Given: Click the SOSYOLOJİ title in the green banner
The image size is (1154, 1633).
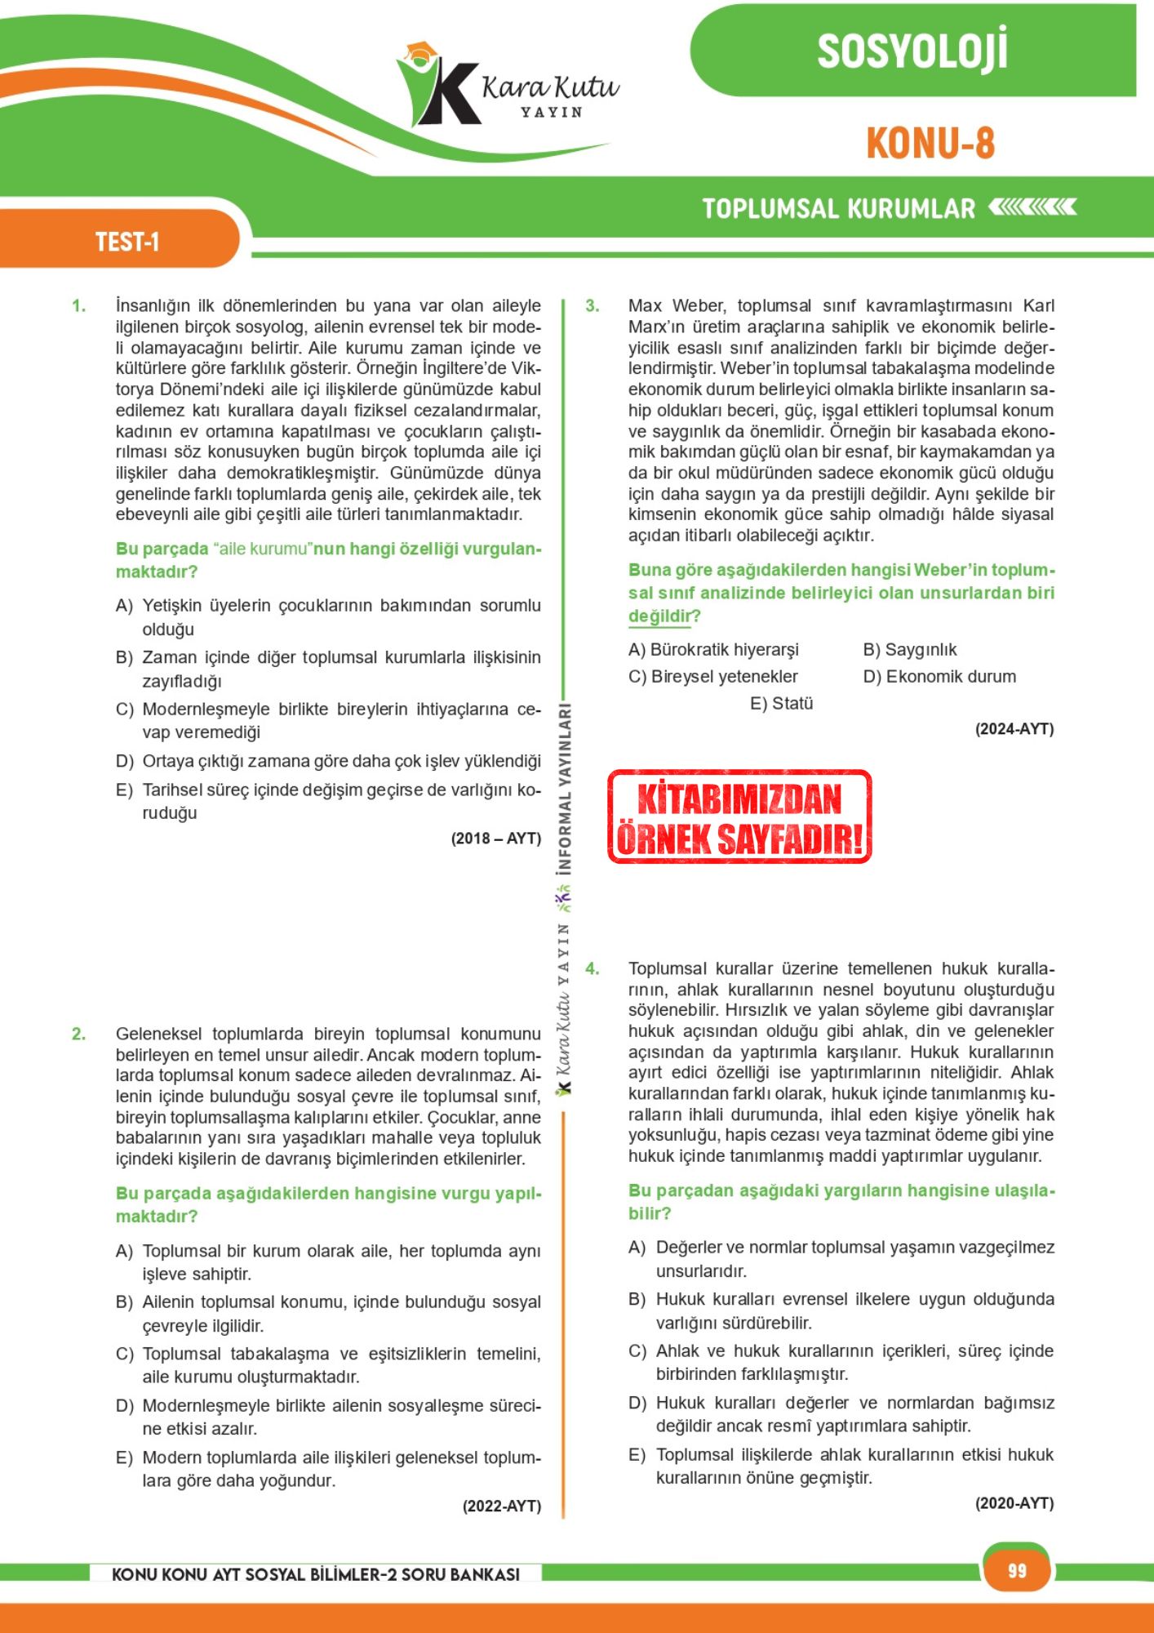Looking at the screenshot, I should (x=912, y=51).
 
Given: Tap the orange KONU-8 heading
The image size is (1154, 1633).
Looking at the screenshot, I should (x=930, y=144).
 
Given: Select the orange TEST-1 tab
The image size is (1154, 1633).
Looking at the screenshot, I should (x=126, y=242).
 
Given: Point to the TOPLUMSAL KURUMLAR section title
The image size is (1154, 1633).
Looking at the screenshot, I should (x=838, y=209).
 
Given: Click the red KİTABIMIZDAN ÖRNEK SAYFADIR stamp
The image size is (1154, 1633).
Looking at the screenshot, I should (x=739, y=817).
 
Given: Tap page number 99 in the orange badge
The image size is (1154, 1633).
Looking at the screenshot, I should (x=1016, y=1570).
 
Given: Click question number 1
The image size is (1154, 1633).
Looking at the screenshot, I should (x=78, y=306).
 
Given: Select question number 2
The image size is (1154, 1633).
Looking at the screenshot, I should (x=78, y=1034).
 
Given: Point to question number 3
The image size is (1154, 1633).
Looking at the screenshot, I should (x=592, y=306).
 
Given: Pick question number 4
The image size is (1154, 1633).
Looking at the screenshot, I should (x=592, y=968).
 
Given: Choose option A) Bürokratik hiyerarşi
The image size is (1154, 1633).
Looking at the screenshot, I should (x=713, y=649).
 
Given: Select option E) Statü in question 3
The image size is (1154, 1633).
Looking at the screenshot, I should (x=781, y=703).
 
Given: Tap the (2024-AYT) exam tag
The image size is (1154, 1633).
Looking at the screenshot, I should (x=1014, y=728).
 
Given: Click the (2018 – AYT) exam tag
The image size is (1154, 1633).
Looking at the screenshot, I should (x=495, y=838).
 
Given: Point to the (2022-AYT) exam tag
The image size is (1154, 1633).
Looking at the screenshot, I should (x=501, y=1506).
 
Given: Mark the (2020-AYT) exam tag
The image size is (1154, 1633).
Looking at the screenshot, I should (x=1014, y=1502).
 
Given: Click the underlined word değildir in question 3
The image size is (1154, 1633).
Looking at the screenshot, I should (x=659, y=616).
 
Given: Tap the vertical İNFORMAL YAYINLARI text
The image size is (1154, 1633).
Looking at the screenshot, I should (x=564, y=788).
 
